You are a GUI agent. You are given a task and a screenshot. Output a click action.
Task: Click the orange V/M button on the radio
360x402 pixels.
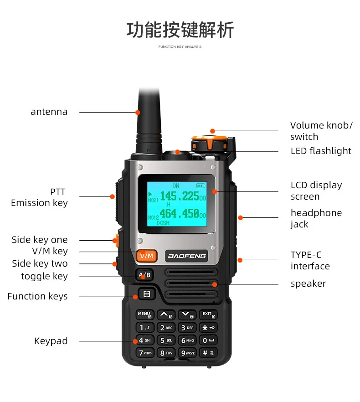(146, 256)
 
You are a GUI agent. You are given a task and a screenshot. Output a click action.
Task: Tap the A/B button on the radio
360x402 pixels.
(144, 275)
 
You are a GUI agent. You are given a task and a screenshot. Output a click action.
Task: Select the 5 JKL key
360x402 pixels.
(166, 340)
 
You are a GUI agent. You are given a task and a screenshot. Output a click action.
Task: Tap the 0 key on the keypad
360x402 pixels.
(208, 340)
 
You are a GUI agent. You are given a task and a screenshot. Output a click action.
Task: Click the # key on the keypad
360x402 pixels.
(208, 353)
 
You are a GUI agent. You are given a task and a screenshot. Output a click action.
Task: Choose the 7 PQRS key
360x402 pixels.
(145, 353)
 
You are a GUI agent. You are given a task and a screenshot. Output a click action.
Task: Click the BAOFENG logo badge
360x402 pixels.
(187, 256)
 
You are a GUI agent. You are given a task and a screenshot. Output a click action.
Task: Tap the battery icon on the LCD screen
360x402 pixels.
(200, 186)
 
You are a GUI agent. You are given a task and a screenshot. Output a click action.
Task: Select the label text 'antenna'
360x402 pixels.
(49, 112)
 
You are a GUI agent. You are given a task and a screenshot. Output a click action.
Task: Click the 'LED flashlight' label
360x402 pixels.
(321, 151)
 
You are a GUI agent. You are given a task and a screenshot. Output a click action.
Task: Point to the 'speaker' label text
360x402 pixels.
(308, 283)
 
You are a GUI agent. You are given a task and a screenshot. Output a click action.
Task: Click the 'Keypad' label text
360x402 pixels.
(51, 341)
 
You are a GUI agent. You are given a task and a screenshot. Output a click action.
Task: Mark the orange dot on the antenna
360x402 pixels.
(138, 112)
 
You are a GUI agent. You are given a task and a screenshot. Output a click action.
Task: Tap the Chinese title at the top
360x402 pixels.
(180, 30)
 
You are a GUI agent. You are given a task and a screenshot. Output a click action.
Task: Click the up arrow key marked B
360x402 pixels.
(165, 315)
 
